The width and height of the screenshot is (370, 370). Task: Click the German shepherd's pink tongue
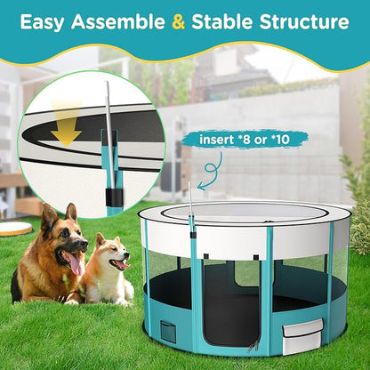coord(76,264)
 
